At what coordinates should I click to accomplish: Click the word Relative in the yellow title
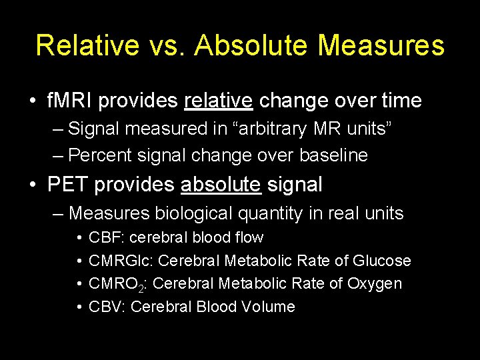87,45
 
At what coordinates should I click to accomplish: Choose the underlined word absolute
221,185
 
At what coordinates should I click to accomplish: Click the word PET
68,185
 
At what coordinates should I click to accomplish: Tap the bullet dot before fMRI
32,101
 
